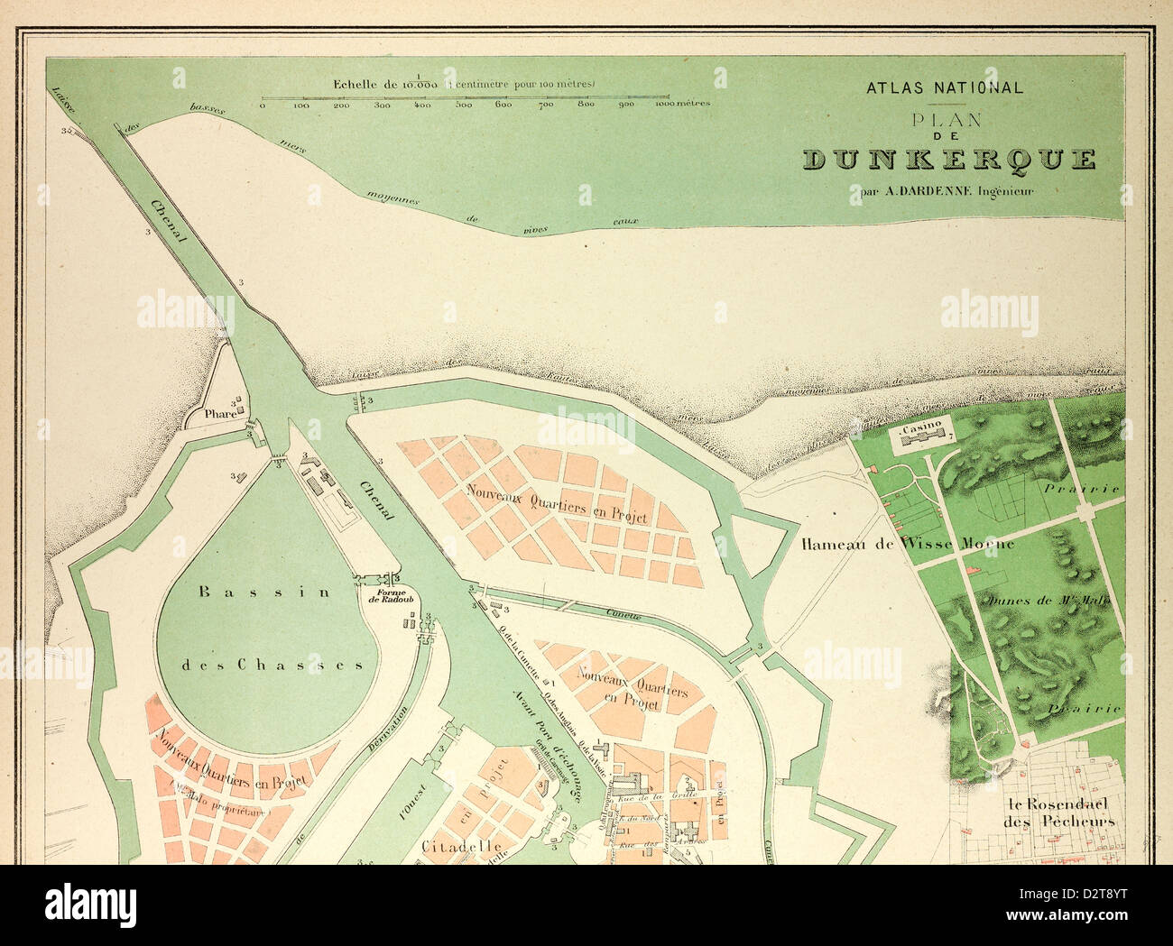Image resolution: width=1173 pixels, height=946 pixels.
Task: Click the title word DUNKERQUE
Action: point(949,161)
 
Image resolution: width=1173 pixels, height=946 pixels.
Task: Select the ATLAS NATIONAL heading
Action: point(945,88)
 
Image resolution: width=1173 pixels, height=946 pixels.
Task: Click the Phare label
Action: point(220,415)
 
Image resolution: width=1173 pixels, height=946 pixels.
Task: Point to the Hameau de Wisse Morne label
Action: point(908,544)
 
